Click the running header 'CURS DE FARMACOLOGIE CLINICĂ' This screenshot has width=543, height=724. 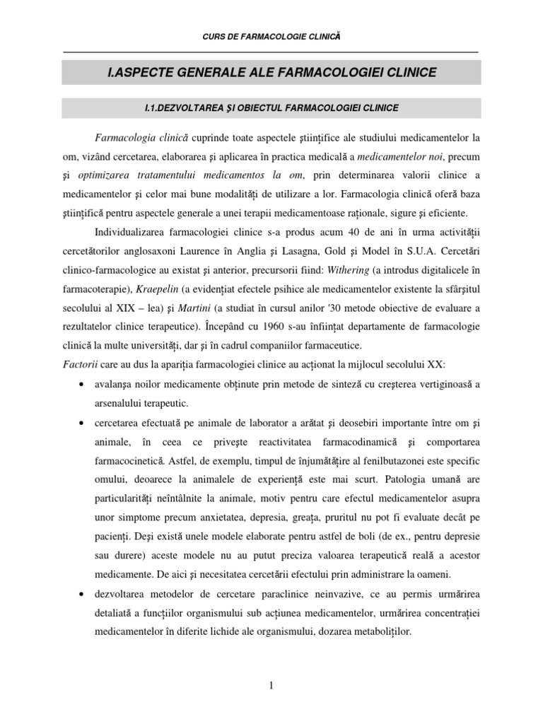pos(271,35)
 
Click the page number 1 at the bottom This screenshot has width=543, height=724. pos(271,685)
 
